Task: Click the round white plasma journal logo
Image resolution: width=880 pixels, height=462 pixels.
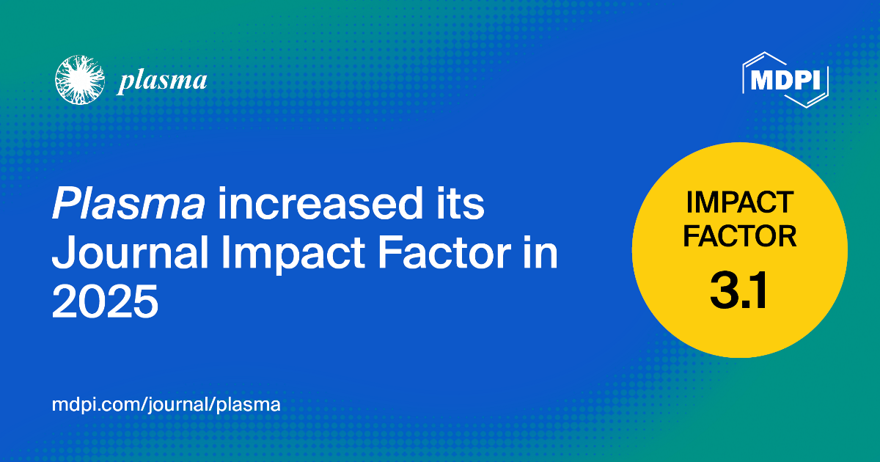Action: pos(80,80)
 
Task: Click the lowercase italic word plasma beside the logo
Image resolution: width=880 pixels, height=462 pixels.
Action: pos(162,81)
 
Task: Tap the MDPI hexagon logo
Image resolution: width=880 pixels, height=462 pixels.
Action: pos(785,80)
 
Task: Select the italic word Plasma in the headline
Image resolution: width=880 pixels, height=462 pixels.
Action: pos(128,204)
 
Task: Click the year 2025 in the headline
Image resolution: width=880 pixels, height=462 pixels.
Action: pos(106,301)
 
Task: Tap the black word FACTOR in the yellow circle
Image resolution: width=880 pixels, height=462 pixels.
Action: pos(740,236)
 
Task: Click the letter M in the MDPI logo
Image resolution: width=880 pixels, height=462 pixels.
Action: pos(760,80)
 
